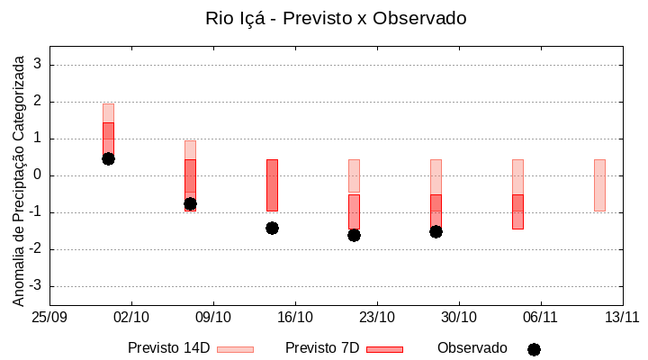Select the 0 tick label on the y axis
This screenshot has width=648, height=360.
coord(38,175)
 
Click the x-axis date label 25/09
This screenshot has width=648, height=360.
coord(49,317)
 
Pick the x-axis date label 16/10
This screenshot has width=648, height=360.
coord(295,317)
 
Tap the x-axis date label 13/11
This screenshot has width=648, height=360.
coord(622,317)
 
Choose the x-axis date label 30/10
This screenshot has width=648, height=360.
coord(459,317)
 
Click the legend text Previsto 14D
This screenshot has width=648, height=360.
coord(168,348)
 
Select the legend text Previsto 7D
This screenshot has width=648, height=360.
coord(322,348)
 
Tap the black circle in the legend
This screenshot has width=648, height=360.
coord(534,349)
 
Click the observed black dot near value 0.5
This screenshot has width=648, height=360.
coord(108,158)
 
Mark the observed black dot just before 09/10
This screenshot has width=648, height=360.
coord(190,203)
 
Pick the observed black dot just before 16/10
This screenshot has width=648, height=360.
coord(272,228)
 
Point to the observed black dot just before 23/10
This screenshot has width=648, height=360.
coord(354,235)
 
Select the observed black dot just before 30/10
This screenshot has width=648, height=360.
coord(436,231)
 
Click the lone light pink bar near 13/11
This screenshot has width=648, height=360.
coord(599,184)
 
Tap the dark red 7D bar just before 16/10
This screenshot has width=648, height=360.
coord(272,184)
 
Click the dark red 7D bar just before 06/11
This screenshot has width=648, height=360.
coord(517,211)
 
